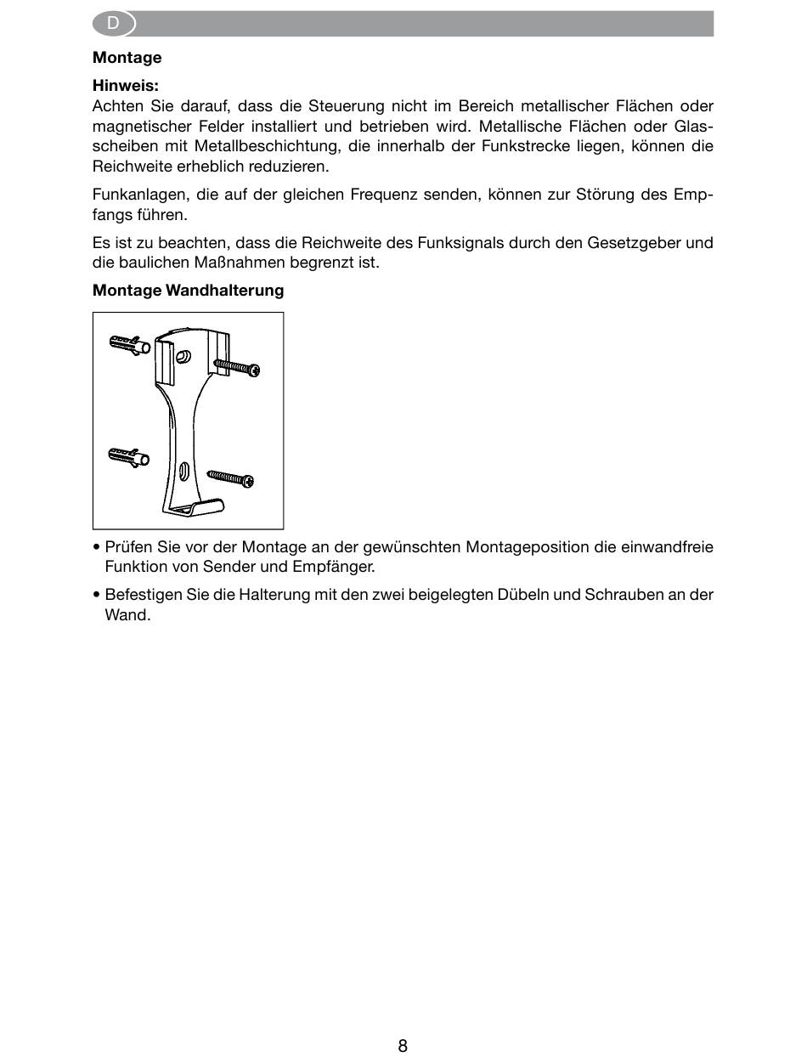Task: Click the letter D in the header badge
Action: click(113, 24)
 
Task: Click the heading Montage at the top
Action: click(127, 58)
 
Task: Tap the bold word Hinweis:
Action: click(126, 86)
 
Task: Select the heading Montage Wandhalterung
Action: click(188, 291)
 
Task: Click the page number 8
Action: click(403, 1045)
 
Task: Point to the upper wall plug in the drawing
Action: click(130, 345)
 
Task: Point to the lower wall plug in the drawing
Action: click(129, 456)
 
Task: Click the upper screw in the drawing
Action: click(236, 367)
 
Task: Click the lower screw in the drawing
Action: click(231, 478)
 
